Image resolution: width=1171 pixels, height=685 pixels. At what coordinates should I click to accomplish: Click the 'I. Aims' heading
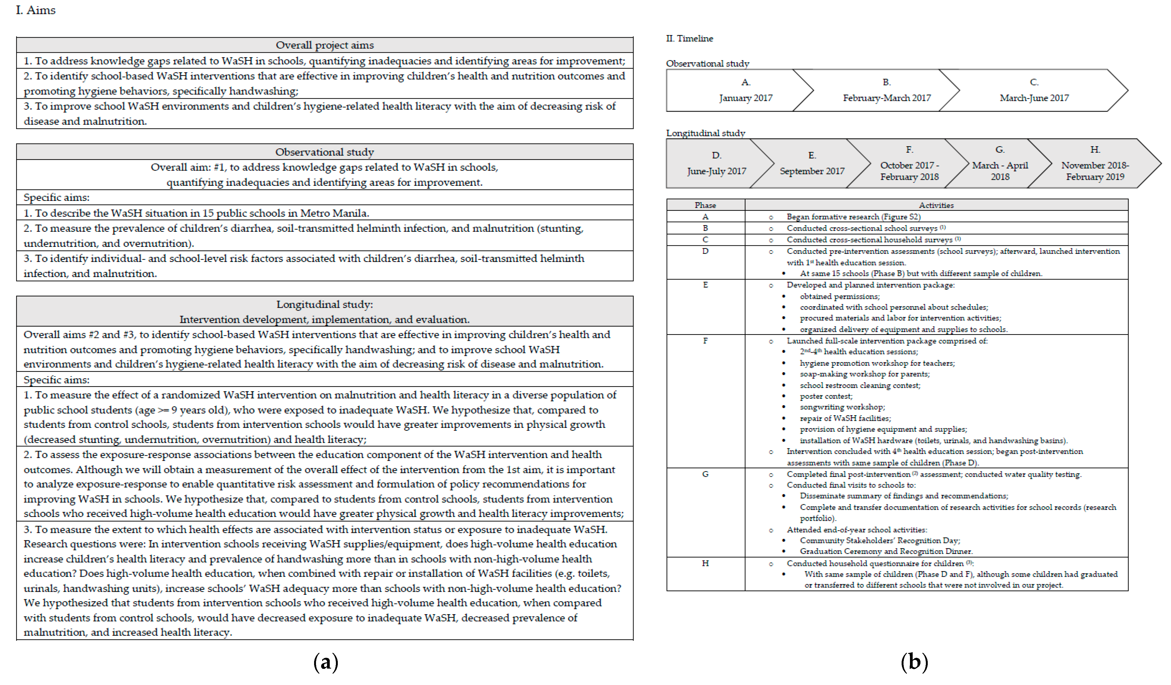[36, 10]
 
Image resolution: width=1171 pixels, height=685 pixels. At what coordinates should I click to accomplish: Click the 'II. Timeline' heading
[690, 39]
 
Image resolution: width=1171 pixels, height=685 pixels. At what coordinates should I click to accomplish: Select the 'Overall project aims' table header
[324, 45]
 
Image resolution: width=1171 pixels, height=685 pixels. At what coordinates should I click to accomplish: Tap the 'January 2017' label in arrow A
[745, 98]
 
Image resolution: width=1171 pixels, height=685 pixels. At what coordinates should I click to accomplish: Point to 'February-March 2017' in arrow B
[887, 98]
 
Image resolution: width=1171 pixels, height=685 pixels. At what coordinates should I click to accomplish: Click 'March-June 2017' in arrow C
[1034, 98]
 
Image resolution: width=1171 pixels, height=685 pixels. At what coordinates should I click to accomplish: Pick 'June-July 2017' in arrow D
[717, 171]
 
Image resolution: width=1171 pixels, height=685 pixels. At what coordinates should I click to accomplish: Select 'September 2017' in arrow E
[812, 171]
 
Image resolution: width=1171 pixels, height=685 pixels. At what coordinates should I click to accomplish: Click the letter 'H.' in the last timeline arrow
[1095, 149]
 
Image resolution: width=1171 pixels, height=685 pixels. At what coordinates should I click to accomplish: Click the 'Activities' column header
[936, 205]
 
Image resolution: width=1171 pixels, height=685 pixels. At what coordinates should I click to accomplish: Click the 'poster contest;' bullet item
[826, 396]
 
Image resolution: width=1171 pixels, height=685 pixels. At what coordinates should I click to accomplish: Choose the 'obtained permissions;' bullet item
[839, 296]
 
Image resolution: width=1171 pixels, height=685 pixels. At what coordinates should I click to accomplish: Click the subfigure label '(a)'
[326, 662]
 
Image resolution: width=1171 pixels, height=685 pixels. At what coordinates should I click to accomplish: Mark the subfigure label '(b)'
[914, 662]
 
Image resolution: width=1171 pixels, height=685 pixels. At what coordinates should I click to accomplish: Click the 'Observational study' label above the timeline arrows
[707, 64]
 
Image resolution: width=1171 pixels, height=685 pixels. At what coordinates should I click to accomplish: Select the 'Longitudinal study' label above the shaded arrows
[706, 133]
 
